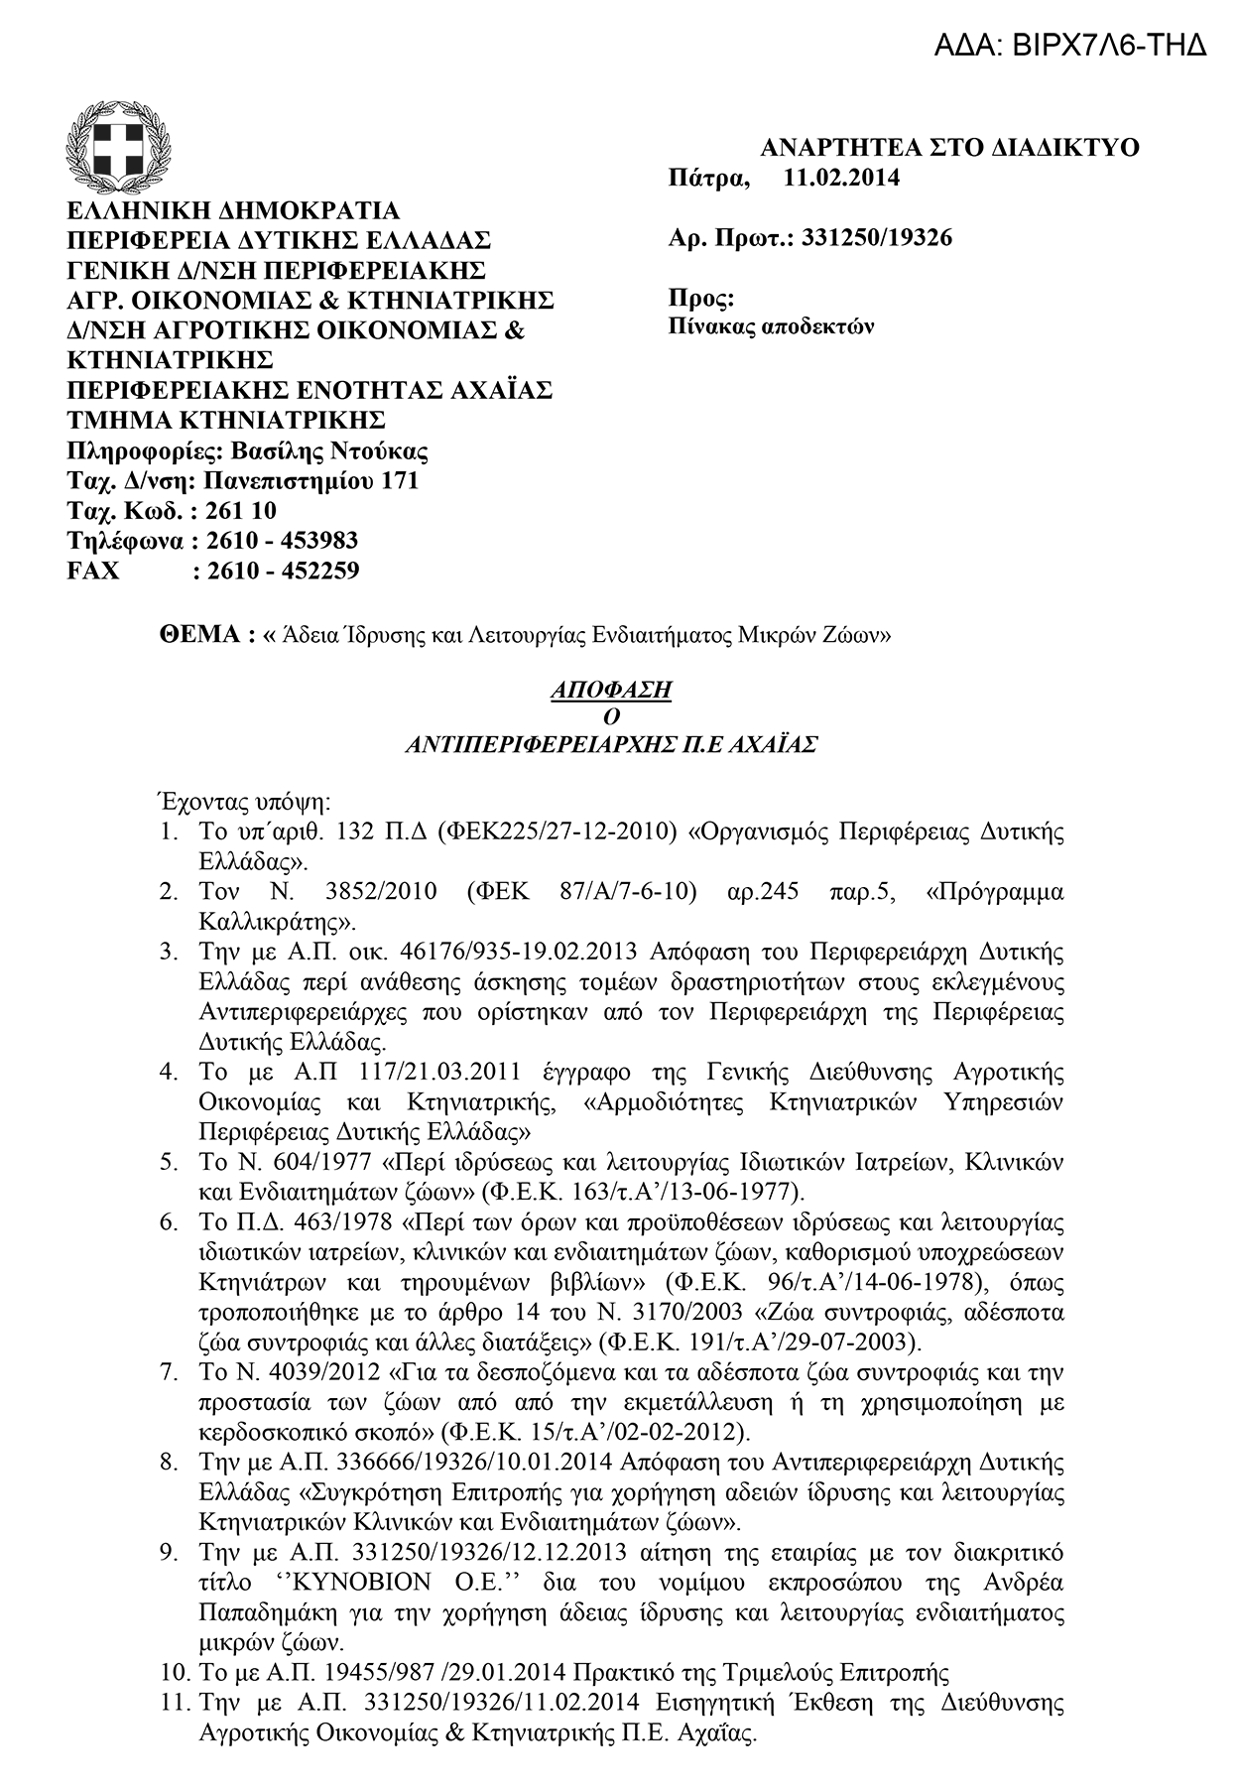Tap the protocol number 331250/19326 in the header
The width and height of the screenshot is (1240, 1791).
875,238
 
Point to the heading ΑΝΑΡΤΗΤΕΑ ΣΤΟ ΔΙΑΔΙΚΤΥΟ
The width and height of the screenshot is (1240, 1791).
949,148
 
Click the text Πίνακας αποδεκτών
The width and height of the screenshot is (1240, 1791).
771,326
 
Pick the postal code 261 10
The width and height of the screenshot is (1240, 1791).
243,512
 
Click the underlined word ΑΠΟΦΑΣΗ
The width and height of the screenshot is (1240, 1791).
610,690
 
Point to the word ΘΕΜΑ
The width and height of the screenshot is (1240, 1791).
201,636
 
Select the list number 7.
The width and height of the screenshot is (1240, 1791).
169,1373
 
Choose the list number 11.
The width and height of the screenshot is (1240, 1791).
173,1703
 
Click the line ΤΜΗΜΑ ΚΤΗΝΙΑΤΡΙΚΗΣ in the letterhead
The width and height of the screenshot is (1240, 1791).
225,421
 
